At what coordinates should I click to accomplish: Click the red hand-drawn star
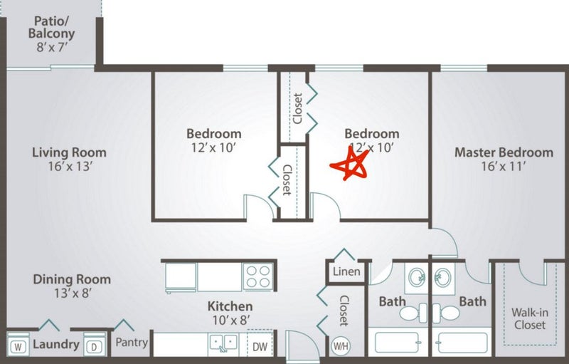point(350,165)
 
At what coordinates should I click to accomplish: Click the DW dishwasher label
point(260,347)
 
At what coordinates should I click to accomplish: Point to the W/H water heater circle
point(341,346)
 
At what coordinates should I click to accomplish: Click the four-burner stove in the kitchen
point(258,276)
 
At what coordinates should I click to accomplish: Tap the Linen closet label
point(346,271)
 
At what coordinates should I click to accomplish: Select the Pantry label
point(132,342)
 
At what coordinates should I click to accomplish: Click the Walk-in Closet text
point(530,318)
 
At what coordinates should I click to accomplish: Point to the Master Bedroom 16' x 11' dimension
point(504,167)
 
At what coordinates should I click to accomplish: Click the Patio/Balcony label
point(51,27)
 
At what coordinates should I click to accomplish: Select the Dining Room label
point(72,279)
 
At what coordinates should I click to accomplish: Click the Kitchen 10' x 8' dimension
point(230,320)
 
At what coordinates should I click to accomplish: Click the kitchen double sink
point(223,343)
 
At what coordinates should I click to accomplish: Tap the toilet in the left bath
point(413,313)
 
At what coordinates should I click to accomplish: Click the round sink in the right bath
point(442,278)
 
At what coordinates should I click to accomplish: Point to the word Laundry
point(56,344)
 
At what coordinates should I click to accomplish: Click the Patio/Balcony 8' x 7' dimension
point(52,47)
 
